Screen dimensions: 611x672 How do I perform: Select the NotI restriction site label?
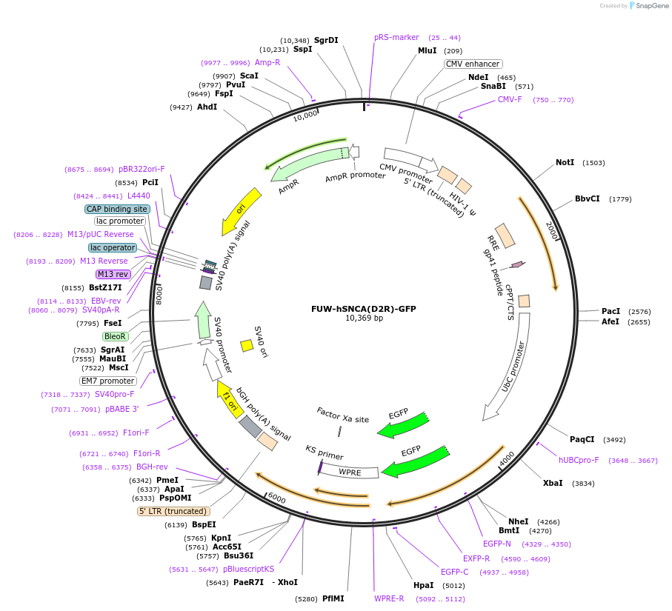coord(565,162)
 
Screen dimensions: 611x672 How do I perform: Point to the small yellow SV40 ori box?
coord(247,345)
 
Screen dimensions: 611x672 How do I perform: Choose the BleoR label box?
coord(116,336)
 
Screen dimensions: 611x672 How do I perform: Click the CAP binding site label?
coord(118,209)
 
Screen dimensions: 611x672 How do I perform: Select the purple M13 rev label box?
coord(113,274)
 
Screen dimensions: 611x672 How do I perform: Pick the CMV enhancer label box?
coord(473,64)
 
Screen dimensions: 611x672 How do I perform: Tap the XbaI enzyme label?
coord(553,483)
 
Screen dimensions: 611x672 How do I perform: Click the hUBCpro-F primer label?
coord(579,460)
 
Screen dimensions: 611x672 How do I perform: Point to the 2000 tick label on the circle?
coord(552,230)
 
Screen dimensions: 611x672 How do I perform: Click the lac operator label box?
coord(113,247)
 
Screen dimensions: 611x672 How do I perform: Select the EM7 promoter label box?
coord(108,381)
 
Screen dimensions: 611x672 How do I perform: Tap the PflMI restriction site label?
coord(333,598)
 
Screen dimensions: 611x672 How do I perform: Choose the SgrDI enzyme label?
coord(326,40)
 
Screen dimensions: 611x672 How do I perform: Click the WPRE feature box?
coord(350,472)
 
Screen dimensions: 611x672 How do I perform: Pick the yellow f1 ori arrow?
coord(229,401)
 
